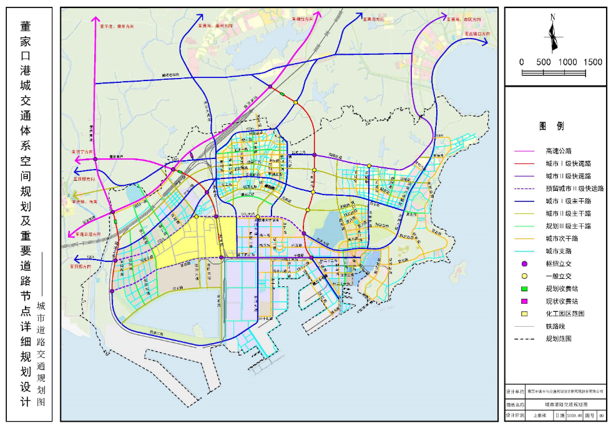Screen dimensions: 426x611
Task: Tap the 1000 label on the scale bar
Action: coord(568,62)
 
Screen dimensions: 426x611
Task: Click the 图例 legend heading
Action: coord(552,126)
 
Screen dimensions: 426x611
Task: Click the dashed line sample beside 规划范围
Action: coord(525,339)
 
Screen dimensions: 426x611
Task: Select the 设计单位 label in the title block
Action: coord(515,391)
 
